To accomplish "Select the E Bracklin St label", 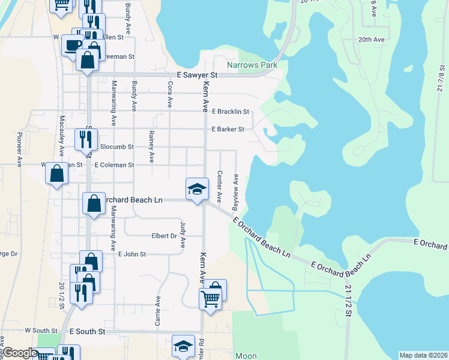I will (231, 112).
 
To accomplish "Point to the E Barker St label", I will (228, 129).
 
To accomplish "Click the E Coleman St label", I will (113, 164).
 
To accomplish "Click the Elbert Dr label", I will (164, 236).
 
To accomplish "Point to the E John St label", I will (132, 254).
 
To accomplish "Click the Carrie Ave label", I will (158, 311).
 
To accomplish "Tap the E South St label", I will (88, 331).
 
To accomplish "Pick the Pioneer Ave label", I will (20, 149).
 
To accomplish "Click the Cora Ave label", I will (170, 95).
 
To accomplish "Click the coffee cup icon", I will (73, 46).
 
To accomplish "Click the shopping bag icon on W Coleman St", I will (56, 174).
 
